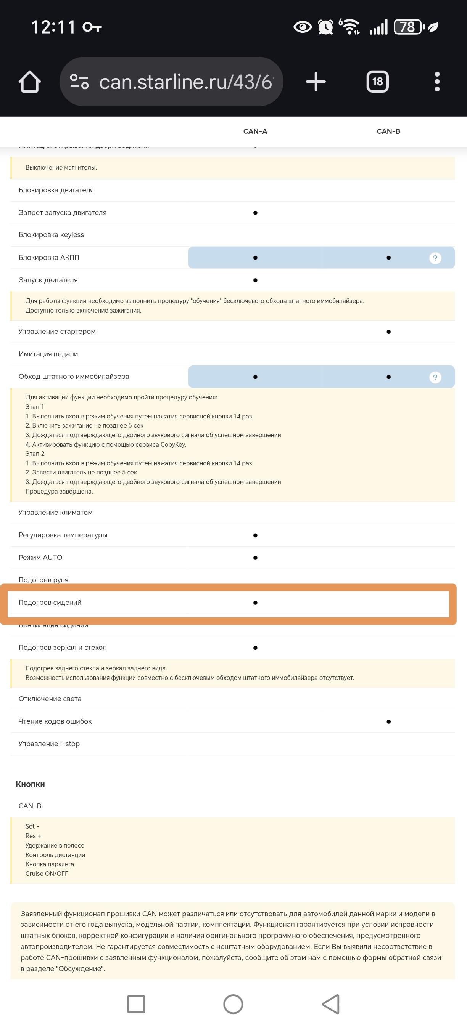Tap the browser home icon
click(x=30, y=82)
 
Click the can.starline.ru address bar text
click(x=185, y=82)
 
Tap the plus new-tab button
click(x=316, y=82)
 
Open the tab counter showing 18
click(x=377, y=82)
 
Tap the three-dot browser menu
click(x=437, y=82)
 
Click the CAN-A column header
click(x=255, y=131)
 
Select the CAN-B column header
click(x=388, y=131)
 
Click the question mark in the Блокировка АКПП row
click(x=435, y=258)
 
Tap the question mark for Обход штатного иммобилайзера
click(x=435, y=377)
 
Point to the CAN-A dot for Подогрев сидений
click(x=255, y=603)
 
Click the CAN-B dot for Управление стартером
click(x=388, y=332)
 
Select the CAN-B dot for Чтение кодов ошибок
click(x=388, y=722)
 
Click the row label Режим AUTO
click(x=40, y=558)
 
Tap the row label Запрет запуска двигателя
click(x=62, y=213)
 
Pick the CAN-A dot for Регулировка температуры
click(x=255, y=535)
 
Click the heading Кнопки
click(x=31, y=784)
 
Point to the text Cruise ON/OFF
click(x=47, y=874)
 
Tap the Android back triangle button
click(x=331, y=1004)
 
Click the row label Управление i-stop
click(x=49, y=744)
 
